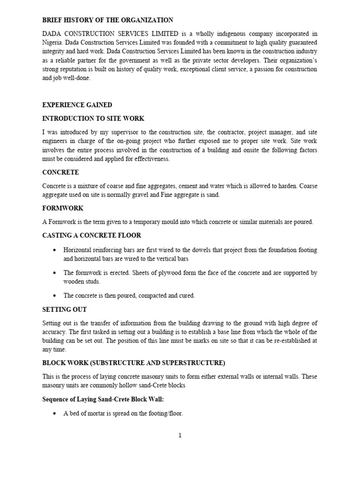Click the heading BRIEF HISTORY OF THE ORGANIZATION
(x=107, y=20)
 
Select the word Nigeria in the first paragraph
(x=53, y=43)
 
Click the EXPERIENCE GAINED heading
(x=77, y=105)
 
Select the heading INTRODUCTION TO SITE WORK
(x=93, y=119)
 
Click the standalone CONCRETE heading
(x=60, y=172)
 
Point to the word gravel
(x=145, y=195)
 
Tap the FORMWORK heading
(x=63, y=208)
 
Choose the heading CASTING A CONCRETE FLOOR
(x=91, y=235)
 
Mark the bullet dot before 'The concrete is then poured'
(x=55, y=296)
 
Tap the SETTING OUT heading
(x=64, y=309)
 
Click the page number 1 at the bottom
(x=180, y=435)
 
